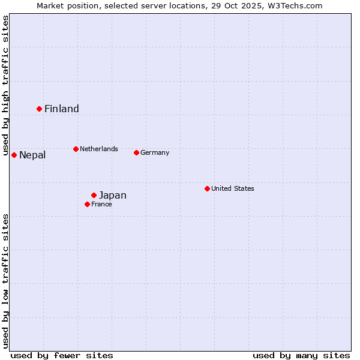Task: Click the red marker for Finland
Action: [x=40, y=109]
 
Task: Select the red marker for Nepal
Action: [x=14, y=155]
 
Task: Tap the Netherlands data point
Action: [x=76, y=149]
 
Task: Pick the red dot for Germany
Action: [x=136, y=152]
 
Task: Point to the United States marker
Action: [x=207, y=188]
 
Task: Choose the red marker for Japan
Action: [x=94, y=195]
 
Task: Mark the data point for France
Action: [x=88, y=204]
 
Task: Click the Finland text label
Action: [x=62, y=109]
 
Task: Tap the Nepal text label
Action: [x=32, y=155]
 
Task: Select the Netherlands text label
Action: [x=99, y=149]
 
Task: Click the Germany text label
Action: [x=155, y=152]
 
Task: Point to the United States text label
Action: [x=233, y=188]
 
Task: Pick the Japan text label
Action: [x=113, y=195]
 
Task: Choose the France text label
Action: [x=101, y=204]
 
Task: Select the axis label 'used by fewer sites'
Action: [x=62, y=355]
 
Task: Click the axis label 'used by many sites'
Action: [x=301, y=355]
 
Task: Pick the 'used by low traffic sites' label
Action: [x=5, y=281]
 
